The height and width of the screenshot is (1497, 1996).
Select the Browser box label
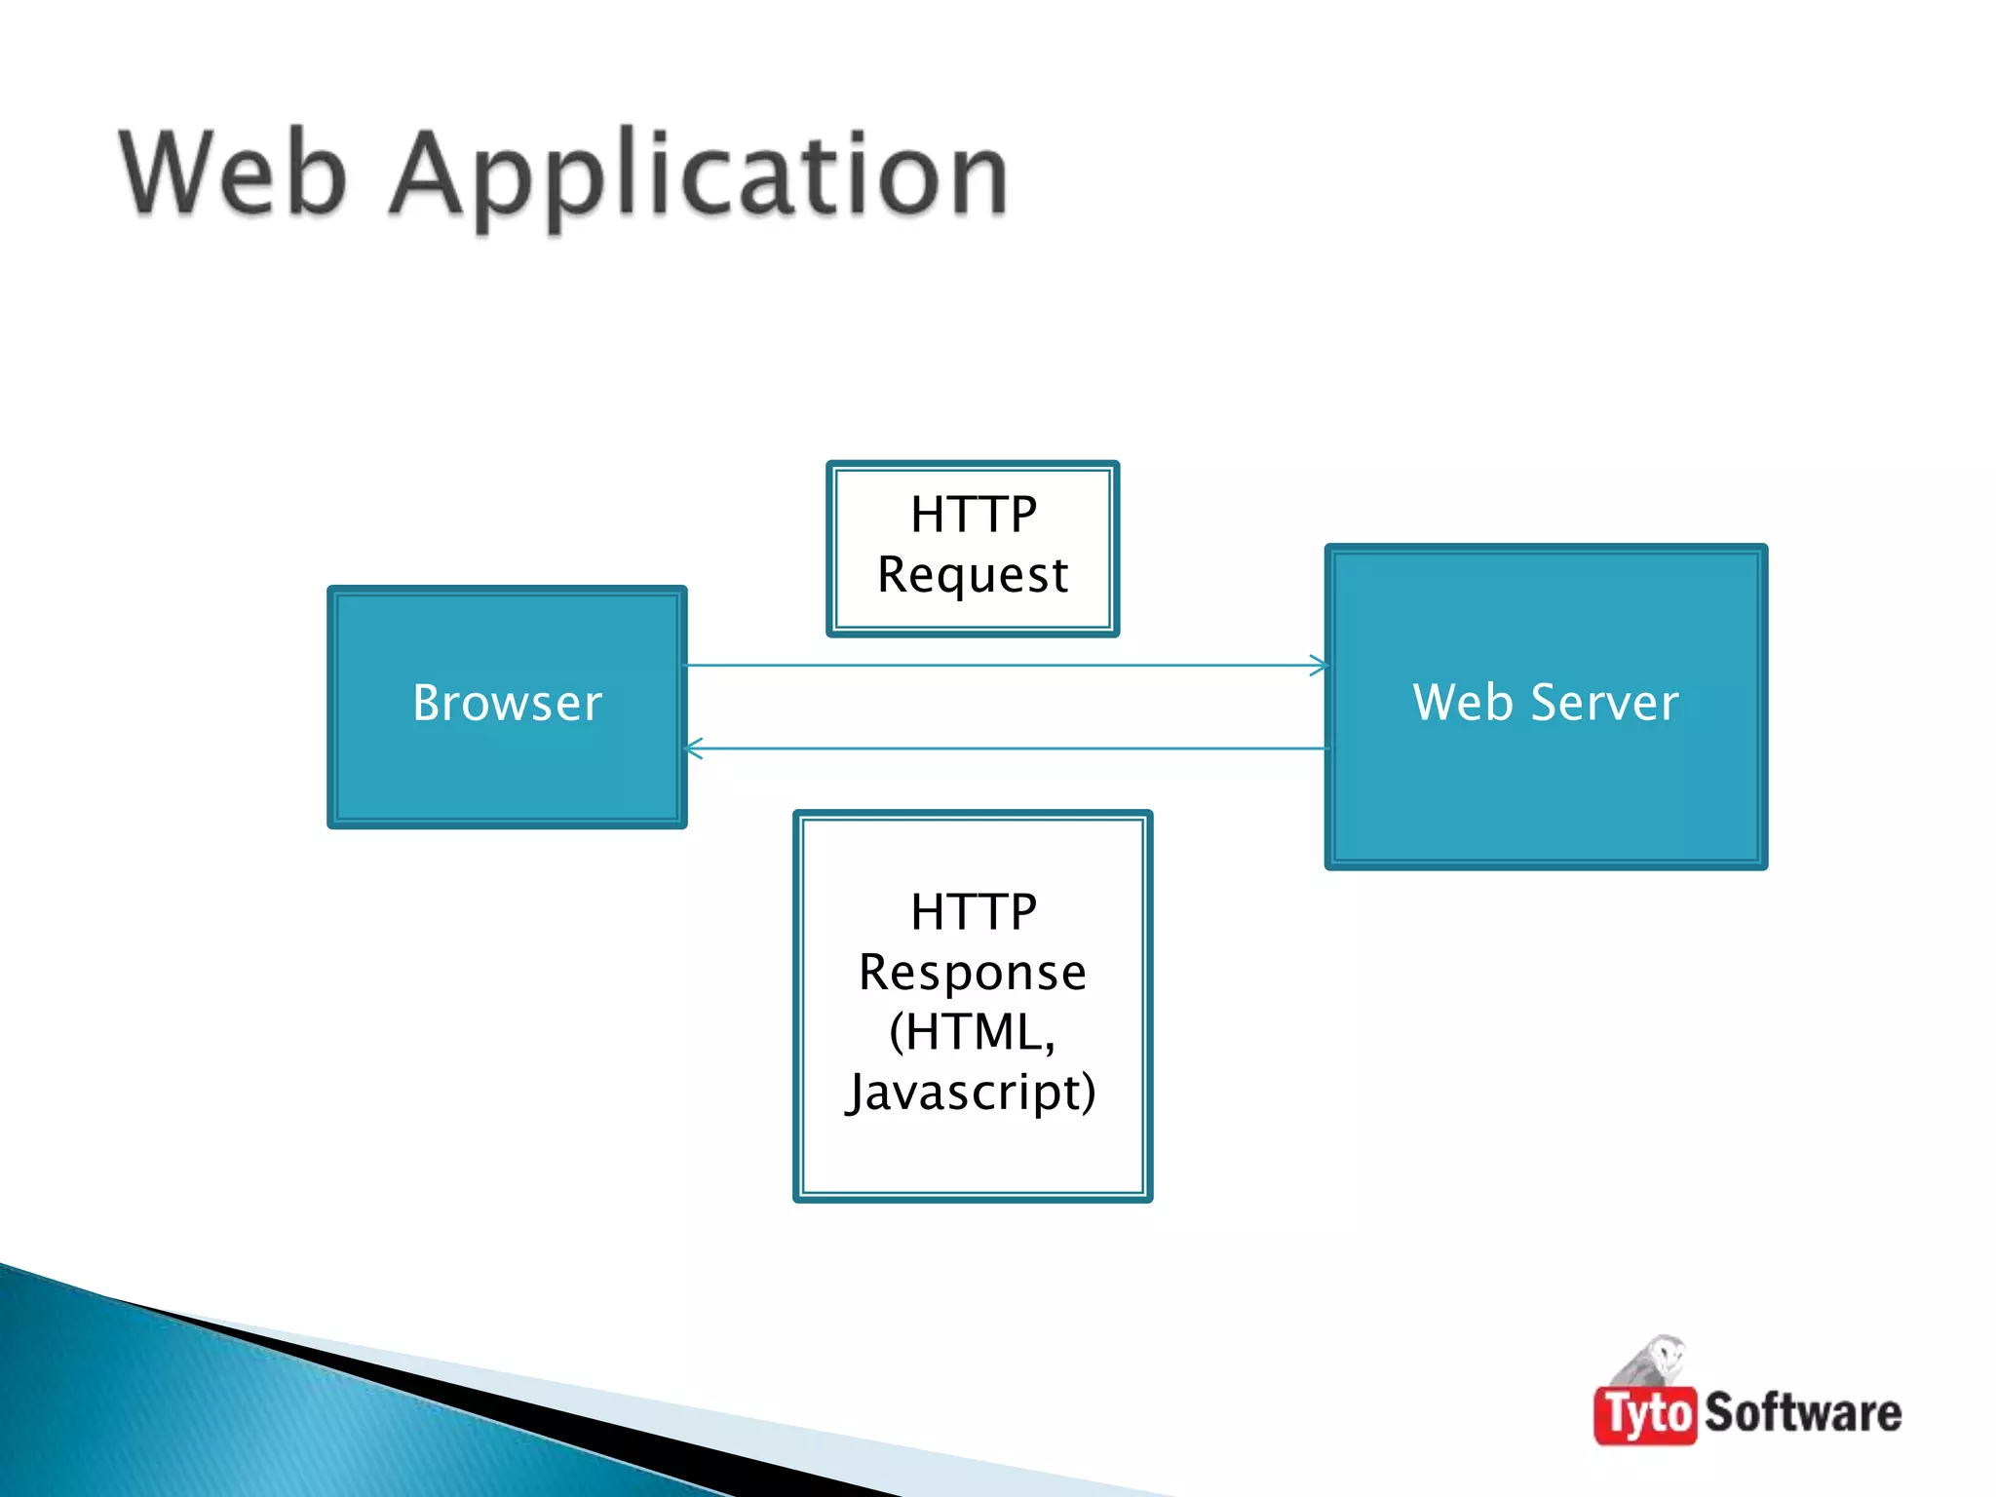point(507,703)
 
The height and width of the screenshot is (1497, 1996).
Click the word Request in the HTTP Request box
point(973,575)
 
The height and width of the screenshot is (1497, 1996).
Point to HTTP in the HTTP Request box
point(973,514)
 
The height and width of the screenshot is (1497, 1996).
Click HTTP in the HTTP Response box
point(973,912)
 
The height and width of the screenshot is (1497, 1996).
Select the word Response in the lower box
point(973,973)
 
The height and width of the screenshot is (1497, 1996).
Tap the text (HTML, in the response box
point(973,1032)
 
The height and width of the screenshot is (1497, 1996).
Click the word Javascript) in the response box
point(973,1093)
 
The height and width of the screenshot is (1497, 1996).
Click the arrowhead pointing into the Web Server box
point(1319,666)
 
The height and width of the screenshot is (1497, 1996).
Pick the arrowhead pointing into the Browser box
point(694,748)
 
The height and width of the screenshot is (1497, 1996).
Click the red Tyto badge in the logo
point(1645,1414)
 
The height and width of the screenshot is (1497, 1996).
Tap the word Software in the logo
point(1803,1413)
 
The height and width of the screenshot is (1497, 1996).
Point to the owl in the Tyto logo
point(1657,1360)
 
